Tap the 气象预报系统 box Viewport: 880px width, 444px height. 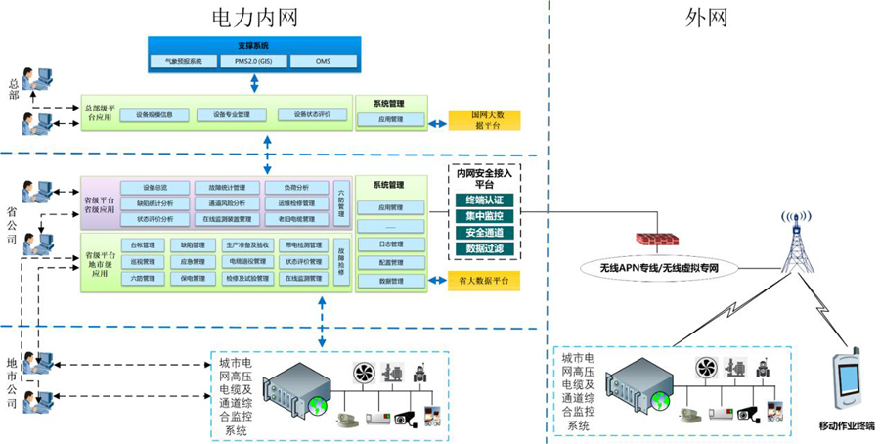(185, 62)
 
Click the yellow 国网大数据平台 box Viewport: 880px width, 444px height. (484, 120)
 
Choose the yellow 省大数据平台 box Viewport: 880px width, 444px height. (485, 281)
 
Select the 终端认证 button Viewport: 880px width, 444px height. (484, 200)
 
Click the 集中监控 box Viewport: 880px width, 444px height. (484, 216)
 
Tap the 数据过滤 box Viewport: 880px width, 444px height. (484, 249)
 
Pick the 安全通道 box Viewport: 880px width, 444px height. (484, 233)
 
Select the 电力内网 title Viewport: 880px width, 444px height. (254, 17)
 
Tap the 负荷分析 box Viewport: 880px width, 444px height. (296, 188)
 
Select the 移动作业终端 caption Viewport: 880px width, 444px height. (847, 427)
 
